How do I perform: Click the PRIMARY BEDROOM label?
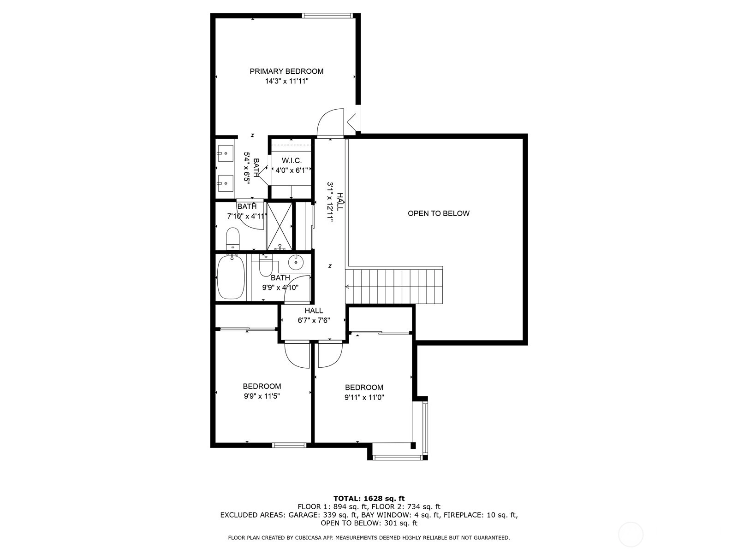click(286, 71)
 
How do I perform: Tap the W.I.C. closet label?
click(292, 160)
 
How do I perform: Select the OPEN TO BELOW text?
click(439, 213)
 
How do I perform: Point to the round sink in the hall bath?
click(296, 261)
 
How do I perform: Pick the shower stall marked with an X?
click(280, 226)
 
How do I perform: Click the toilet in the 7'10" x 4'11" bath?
click(232, 238)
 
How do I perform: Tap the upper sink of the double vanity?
click(225, 153)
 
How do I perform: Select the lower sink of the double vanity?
click(225, 183)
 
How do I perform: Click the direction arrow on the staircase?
click(348, 286)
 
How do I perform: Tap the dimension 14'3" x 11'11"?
click(286, 81)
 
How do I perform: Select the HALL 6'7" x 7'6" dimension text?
click(314, 320)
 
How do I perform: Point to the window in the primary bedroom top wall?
click(327, 16)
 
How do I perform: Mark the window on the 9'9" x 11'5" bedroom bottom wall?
click(289, 445)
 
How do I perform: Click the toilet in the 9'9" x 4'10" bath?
click(266, 265)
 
